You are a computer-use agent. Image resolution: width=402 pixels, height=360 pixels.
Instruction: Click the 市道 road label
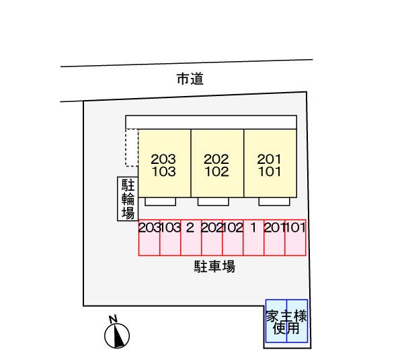[190, 79]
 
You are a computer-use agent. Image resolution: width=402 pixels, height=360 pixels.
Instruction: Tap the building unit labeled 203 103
[164, 163]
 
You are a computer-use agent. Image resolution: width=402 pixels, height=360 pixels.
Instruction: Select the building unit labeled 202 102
[217, 163]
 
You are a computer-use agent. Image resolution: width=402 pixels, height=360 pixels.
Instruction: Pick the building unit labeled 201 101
[270, 163]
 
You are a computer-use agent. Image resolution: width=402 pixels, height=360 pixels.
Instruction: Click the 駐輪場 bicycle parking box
[128, 199]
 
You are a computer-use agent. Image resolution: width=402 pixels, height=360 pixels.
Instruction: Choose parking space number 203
[149, 238]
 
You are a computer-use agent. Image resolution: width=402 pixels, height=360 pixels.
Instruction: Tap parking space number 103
[170, 238]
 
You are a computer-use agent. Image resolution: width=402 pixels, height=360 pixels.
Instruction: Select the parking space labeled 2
[191, 238]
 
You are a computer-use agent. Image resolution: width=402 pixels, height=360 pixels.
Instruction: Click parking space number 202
[212, 238]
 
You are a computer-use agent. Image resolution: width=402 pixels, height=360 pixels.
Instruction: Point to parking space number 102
[233, 238]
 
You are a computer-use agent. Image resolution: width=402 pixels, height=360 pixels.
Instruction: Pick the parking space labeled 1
[253, 238]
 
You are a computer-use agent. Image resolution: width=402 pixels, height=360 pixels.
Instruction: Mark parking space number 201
[274, 238]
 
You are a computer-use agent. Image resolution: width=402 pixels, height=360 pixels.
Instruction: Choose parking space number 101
[295, 238]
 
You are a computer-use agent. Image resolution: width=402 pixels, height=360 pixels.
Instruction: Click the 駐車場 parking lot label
[214, 267]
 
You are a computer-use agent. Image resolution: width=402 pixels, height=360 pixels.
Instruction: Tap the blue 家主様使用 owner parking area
[286, 321]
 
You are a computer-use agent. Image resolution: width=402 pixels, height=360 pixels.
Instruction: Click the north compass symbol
[117, 336]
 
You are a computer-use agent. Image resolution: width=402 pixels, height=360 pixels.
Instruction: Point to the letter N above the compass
[113, 319]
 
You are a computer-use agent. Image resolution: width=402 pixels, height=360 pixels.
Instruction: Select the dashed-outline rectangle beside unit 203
[132, 148]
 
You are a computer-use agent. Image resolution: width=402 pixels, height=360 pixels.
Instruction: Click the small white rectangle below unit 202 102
[213, 201]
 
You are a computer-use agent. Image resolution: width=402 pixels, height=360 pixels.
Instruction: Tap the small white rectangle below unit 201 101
[274, 201]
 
